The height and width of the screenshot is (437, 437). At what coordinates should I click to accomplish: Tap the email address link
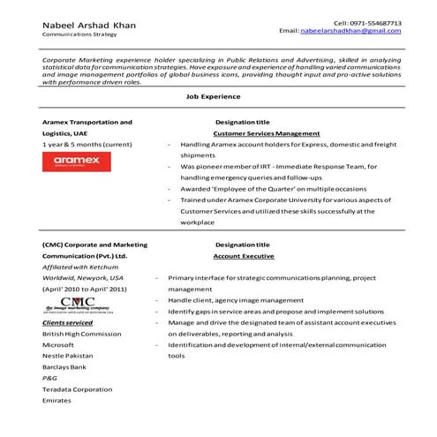coord(350,31)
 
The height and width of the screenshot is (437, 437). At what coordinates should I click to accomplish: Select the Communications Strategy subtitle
coord(79,35)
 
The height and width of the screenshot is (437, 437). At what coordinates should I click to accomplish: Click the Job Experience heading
coord(218,99)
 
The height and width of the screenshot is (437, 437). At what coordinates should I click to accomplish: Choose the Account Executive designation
coord(241,254)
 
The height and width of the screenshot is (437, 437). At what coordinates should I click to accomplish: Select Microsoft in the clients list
coord(59,346)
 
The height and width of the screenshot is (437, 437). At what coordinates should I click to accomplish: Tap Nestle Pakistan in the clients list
coord(70,358)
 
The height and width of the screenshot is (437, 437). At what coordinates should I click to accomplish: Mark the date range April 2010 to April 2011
coord(84,289)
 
